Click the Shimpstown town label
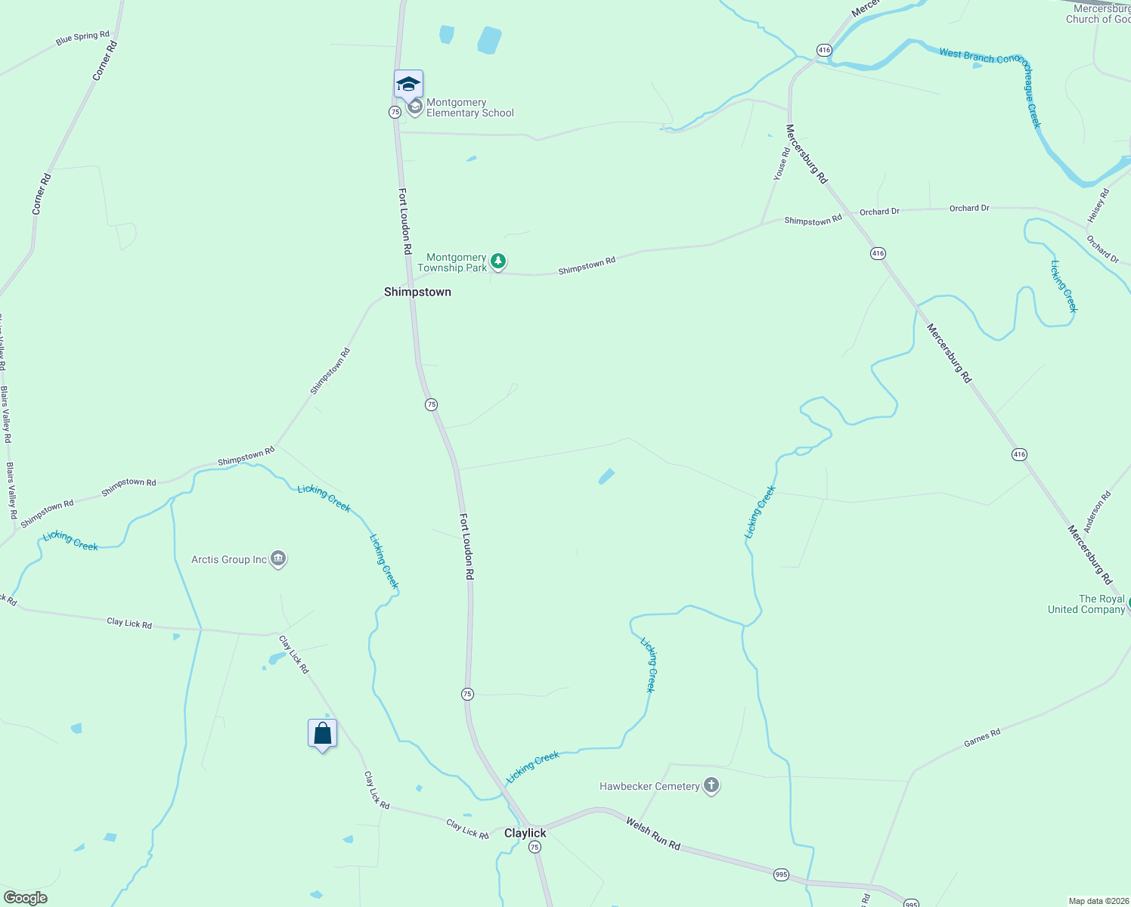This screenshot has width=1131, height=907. coord(417,292)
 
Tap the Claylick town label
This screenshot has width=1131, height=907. coord(525,833)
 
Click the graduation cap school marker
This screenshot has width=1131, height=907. coord(408,85)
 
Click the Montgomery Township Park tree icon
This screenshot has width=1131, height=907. coord(497,262)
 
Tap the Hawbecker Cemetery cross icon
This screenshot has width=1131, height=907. coord(711,786)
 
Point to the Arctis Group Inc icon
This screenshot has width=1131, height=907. coord(278,559)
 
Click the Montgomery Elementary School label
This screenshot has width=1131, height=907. coord(469,108)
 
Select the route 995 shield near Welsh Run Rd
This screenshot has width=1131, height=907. coord(781,874)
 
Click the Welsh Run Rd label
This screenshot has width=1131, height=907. coord(653,834)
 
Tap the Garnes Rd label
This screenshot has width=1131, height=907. coord(982,738)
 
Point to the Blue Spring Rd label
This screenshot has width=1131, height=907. coord(82,38)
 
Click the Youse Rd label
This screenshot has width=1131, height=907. coord(781,163)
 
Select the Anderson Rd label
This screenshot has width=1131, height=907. coord(1097,512)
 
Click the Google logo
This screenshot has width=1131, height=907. coord(25,898)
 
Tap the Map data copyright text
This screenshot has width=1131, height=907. coord(1098,901)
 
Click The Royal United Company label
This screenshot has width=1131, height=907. coord(1086,604)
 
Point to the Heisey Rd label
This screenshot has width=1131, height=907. coord(1098,206)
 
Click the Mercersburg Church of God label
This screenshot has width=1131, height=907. coord(1101,14)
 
